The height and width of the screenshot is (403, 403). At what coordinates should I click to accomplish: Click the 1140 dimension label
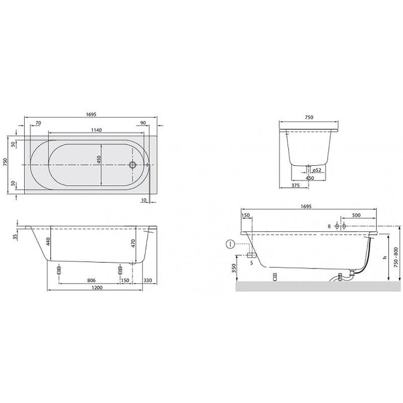coord(97,130)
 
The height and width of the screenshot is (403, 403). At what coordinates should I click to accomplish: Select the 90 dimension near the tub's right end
coord(143,122)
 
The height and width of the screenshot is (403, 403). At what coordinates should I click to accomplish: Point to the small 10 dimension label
coord(145,200)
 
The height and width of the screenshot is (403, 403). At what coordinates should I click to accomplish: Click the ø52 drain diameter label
coord(317,170)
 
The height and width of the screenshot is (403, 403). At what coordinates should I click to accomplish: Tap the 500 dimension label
coord(356,215)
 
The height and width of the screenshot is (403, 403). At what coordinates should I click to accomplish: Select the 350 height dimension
coord(234,268)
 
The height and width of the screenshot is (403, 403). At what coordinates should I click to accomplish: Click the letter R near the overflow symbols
coord(328,227)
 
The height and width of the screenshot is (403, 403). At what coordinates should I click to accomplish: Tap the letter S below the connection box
coord(250,261)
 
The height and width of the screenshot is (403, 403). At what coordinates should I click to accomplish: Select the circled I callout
coord(229,245)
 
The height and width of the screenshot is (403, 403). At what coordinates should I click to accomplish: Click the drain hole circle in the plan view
coord(133,165)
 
